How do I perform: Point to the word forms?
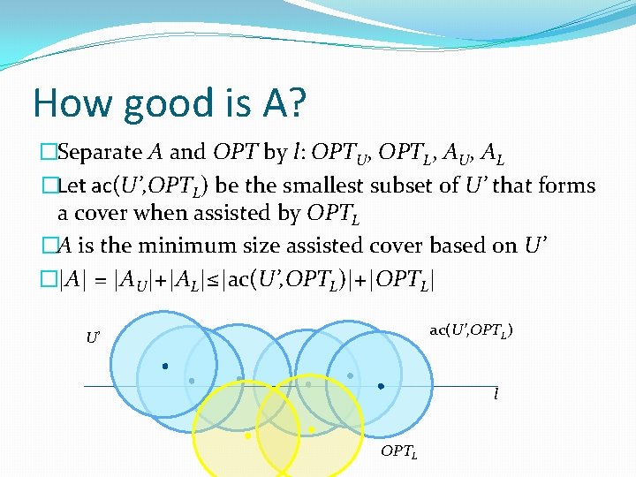point(564,185)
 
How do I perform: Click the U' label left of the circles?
point(93,337)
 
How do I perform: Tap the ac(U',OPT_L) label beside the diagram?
point(472,330)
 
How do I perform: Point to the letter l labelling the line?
point(496,394)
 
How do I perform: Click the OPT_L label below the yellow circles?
point(398,451)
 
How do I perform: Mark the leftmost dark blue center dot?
point(163,366)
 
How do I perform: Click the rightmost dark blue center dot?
point(381,386)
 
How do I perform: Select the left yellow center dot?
point(247,435)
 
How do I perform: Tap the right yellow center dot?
point(311,429)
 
